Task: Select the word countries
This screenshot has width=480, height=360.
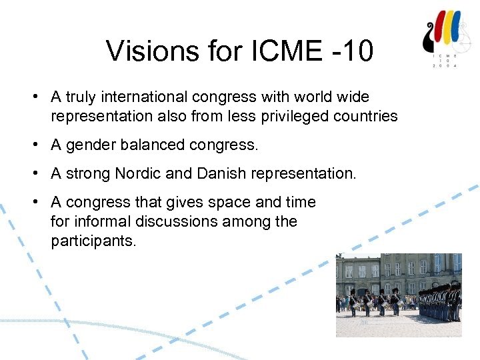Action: click(x=368, y=116)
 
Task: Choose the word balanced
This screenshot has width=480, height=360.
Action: click(x=153, y=145)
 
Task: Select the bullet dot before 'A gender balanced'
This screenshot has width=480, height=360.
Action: click(x=33, y=145)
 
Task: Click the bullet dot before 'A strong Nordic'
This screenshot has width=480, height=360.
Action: click(x=33, y=174)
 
